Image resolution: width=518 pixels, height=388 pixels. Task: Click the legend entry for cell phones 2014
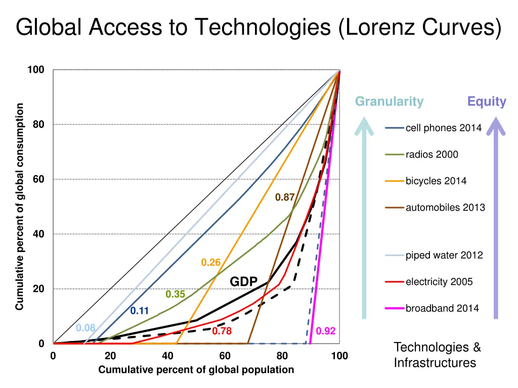click(443, 128)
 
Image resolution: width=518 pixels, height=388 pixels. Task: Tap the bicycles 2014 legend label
click(436, 181)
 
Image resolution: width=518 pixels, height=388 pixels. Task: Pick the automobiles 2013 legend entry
click(445, 208)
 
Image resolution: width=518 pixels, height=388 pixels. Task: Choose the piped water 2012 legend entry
click(444, 255)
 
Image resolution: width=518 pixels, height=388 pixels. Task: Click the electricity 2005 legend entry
click(439, 282)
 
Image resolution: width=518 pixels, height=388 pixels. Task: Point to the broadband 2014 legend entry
click(442, 308)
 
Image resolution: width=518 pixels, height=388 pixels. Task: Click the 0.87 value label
click(285, 198)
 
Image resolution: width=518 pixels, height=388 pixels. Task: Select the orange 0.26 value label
click(211, 263)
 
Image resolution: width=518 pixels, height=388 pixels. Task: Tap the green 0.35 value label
click(175, 295)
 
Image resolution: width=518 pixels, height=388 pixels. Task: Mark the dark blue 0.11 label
click(139, 311)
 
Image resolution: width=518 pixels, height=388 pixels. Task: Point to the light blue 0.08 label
click(85, 328)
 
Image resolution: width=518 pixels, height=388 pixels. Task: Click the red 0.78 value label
click(222, 331)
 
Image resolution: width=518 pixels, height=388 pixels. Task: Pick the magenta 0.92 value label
click(326, 331)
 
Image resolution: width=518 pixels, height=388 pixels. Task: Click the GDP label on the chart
click(244, 281)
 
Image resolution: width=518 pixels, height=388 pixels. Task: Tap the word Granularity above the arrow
click(389, 102)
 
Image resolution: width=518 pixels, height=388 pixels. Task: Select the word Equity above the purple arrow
click(487, 102)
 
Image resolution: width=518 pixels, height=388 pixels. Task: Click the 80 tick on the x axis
click(282, 356)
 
